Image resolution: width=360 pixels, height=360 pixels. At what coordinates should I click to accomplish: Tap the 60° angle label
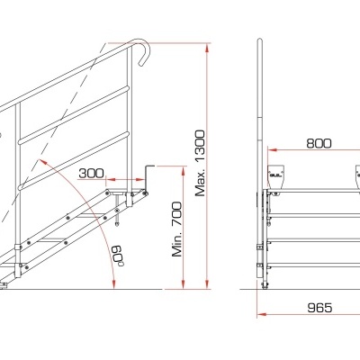click(118, 256)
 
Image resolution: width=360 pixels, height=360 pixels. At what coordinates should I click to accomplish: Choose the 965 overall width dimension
click(319, 308)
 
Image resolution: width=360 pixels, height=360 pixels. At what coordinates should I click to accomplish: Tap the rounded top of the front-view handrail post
click(261, 43)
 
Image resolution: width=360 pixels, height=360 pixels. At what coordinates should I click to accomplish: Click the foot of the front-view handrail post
click(262, 287)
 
